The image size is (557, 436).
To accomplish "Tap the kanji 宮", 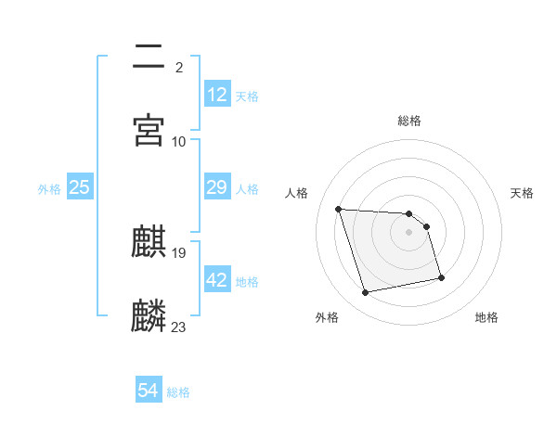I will click(x=149, y=130).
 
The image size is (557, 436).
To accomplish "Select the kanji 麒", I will click(x=149, y=243).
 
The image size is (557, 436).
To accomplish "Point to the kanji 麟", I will click(x=149, y=315).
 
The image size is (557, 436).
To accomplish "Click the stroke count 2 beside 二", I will click(x=178, y=68).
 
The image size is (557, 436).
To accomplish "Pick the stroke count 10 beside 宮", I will click(x=179, y=141).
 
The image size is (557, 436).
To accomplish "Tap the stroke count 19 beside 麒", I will click(x=179, y=253).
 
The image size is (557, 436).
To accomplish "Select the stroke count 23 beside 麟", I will click(x=179, y=327).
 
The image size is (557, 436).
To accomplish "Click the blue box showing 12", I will click(x=217, y=95).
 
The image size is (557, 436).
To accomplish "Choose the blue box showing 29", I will click(x=217, y=187).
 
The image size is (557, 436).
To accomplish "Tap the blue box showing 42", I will click(x=217, y=280).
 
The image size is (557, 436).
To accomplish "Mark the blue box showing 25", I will click(x=80, y=187).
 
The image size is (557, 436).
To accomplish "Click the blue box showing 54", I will click(x=149, y=391).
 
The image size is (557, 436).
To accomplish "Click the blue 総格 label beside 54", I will click(x=178, y=392).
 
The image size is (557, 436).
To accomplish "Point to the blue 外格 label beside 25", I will click(x=49, y=189).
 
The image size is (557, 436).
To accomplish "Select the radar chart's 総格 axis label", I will click(x=409, y=121).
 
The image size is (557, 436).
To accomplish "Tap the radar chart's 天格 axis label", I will click(x=523, y=193).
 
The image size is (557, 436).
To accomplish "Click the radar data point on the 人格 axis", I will click(x=339, y=209).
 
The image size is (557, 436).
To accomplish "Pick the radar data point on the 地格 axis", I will click(x=441, y=276).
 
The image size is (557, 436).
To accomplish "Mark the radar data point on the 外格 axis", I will click(x=366, y=293).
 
